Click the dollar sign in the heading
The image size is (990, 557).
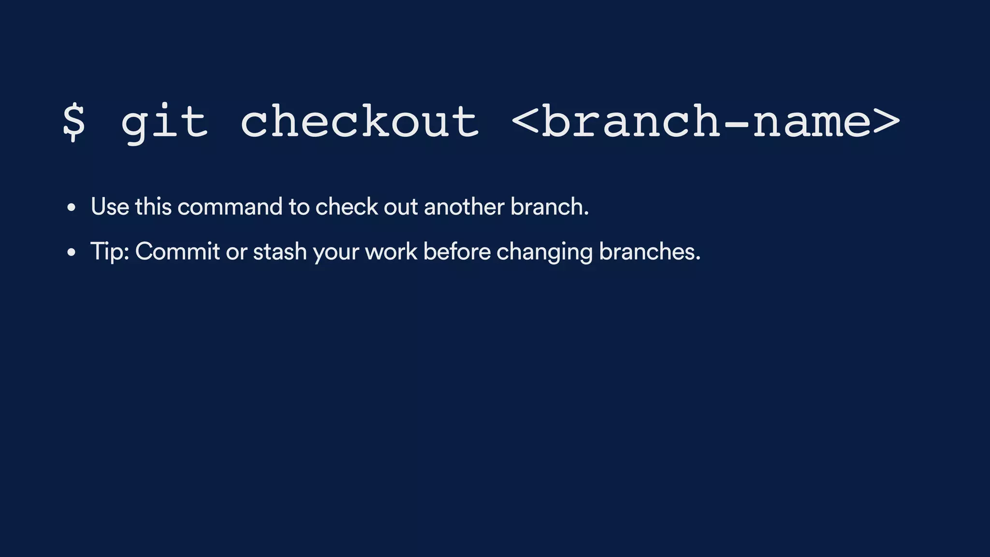pos(74,122)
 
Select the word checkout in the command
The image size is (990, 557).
pos(360,122)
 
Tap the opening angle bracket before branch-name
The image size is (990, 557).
pos(525,122)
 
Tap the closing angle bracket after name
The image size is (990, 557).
pos(887,122)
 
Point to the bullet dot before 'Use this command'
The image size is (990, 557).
pos(72,208)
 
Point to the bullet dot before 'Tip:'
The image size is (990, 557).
pos(72,252)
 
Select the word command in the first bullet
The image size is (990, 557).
pos(230,207)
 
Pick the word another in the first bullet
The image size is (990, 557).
pos(464,207)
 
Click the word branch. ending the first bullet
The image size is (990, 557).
pos(550,207)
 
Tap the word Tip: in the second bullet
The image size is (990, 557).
pos(110,252)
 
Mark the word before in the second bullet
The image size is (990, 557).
pos(457,252)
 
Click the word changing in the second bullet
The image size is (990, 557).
pos(544,252)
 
